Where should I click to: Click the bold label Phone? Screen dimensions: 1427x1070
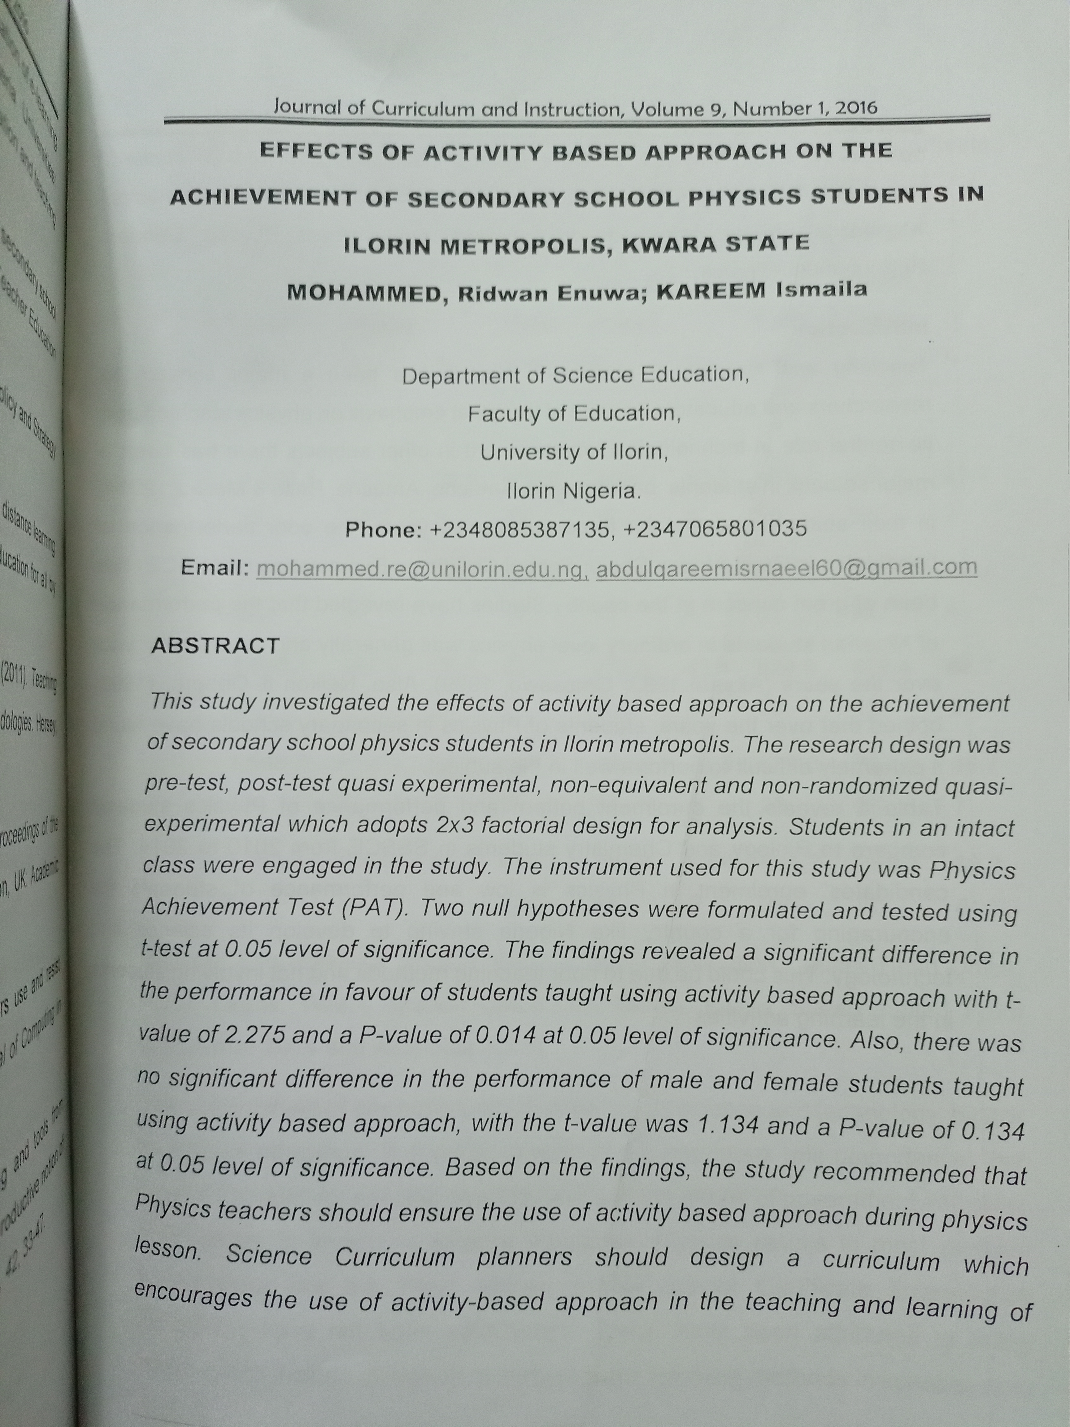click(x=383, y=530)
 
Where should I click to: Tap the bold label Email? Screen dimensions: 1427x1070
click(x=215, y=568)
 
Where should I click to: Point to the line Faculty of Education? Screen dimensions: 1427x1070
click(x=574, y=413)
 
